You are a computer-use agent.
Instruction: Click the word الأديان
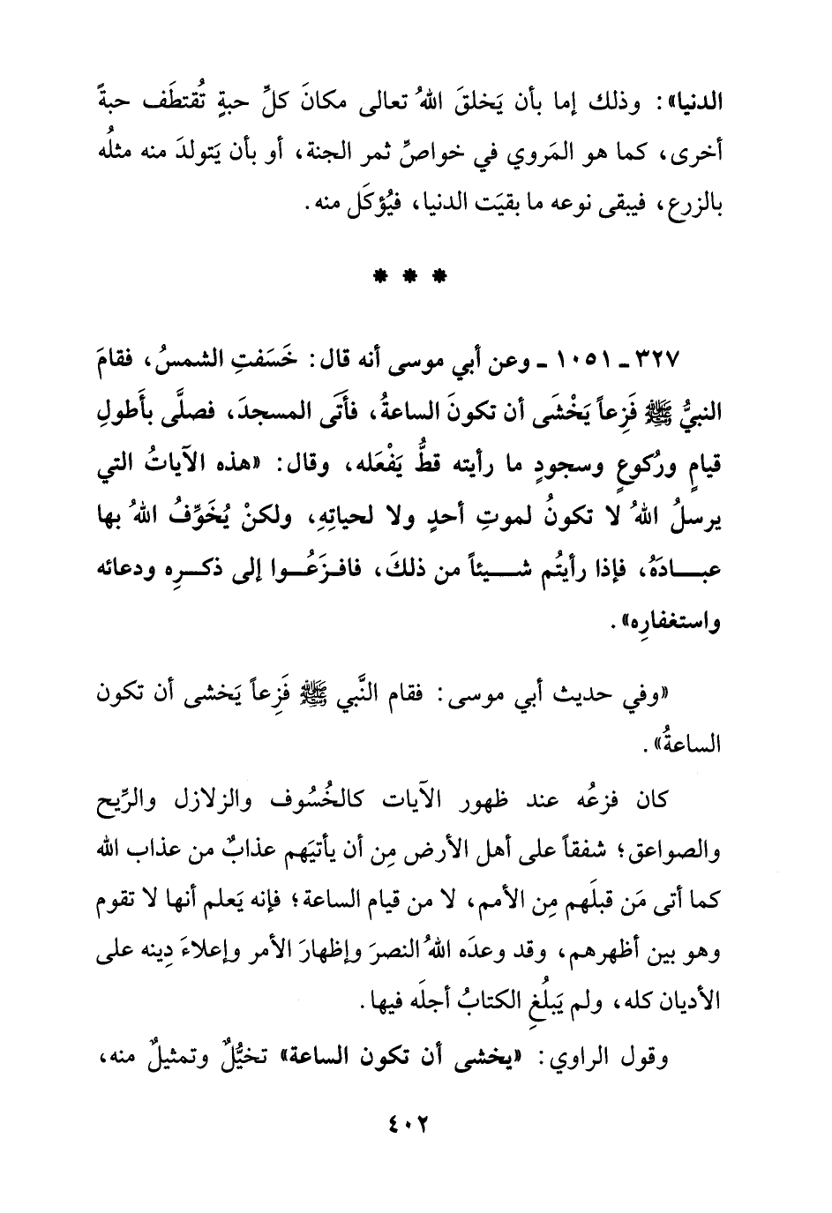[x=690, y=1003]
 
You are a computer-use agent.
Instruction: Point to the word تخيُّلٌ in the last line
[x=229, y=1055]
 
